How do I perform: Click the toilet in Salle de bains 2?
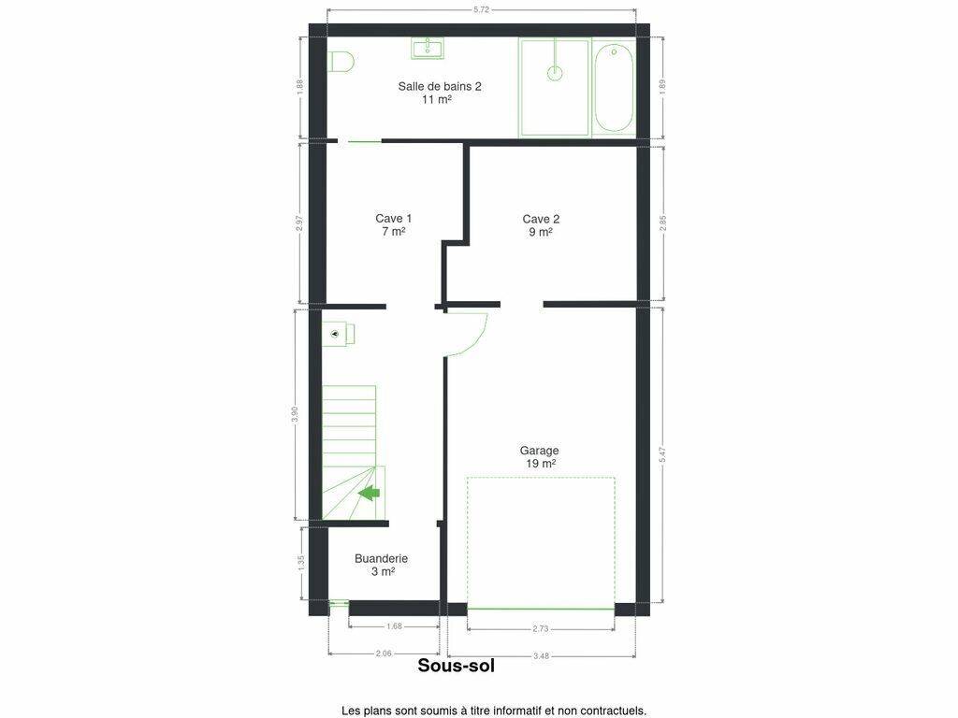coord(341,62)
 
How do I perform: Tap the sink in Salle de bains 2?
coord(428,49)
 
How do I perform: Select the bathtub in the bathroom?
coord(613,87)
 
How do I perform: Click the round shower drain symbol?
coord(555,73)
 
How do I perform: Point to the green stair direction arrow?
coord(369,492)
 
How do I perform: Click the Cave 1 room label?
coord(394,224)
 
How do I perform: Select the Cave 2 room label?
coord(541,225)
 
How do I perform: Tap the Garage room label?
coord(540,456)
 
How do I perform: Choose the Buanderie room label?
coord(382,565)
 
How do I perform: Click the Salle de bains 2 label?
coord(440,93)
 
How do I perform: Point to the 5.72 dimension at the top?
coord(482,9)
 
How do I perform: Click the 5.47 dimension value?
coord(663,455)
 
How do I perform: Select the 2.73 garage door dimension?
coord(541,627)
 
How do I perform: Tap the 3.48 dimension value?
coord(541,655)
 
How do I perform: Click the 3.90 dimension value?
coord(295,415)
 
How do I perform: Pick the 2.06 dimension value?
coord(384,653)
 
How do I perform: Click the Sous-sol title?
coord(457,665)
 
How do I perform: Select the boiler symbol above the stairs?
coord(339,334)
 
